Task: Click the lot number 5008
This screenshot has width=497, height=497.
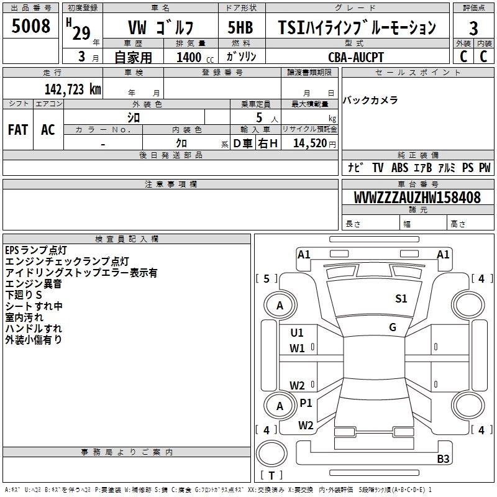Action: pos(30,27)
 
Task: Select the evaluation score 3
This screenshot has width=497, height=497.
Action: pos(473,28)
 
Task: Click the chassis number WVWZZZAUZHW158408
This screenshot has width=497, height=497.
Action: pos(417,198)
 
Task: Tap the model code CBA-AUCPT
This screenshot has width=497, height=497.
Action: pos(356,57)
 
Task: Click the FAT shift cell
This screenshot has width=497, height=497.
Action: pos(17,130)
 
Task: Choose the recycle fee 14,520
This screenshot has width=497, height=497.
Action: pos(309,143)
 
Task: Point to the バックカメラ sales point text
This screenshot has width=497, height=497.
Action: pos(370,100)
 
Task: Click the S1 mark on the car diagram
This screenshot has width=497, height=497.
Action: pos(401,299)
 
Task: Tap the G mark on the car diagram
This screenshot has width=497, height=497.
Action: pos(393,327)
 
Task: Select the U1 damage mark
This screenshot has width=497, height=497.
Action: pos(297,333)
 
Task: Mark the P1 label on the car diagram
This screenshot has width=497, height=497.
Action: pos(306,403)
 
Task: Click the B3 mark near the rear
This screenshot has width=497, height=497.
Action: pos(443,459)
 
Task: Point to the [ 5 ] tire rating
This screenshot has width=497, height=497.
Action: pos(267,279)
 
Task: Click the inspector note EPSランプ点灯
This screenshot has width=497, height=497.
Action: pos(36,250)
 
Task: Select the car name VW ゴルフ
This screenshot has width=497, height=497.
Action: pos(160,28)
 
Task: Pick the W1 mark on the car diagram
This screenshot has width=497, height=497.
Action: pos(297,349)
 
